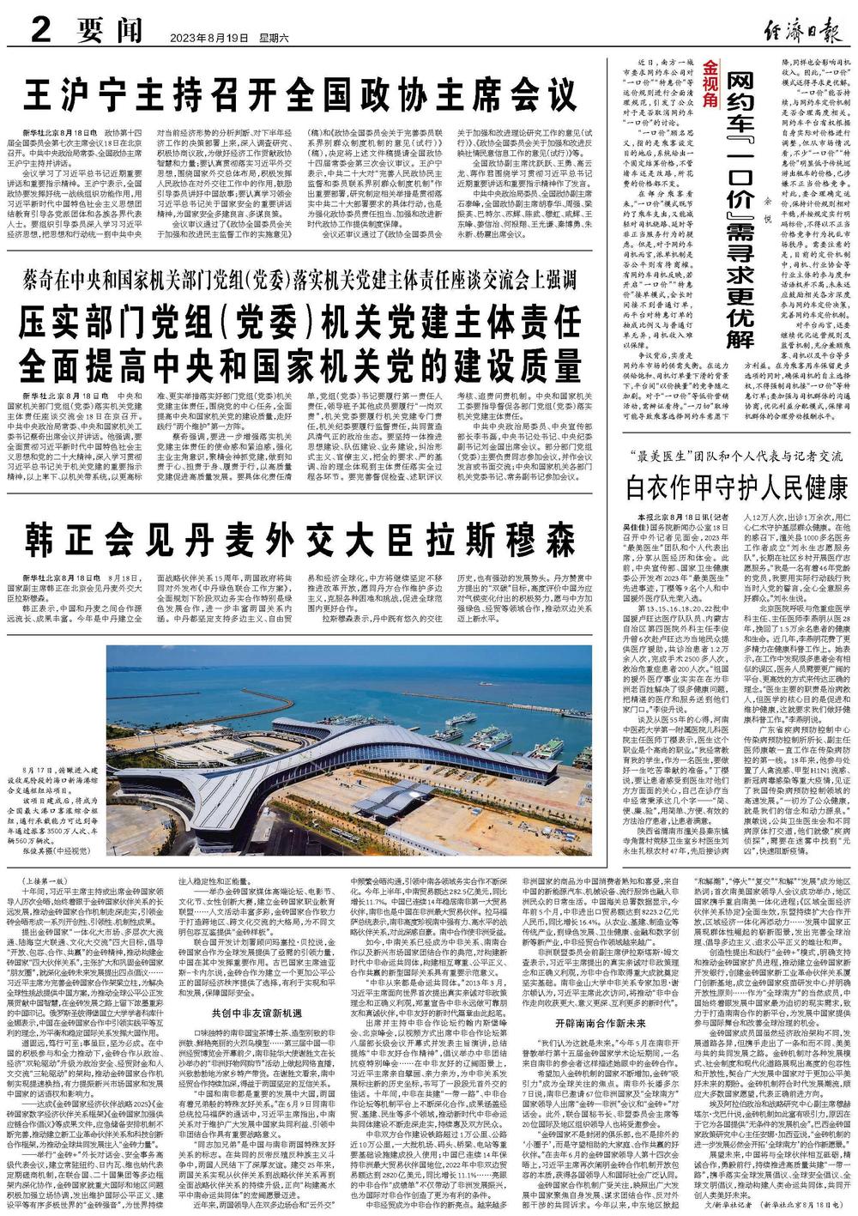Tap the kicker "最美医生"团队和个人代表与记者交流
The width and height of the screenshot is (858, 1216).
tap(737, 457)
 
